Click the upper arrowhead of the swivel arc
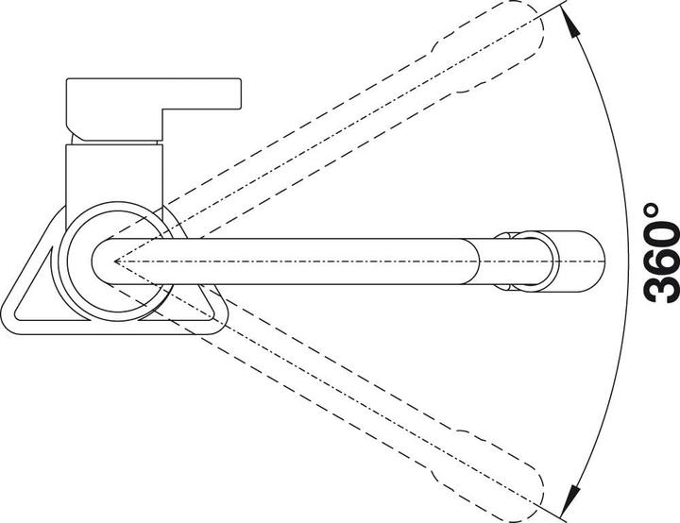click(573, 26)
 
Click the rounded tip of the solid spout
click(601, 261)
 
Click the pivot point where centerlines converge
click(115, 261)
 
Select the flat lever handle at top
click(154, 109)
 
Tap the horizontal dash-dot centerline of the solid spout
click(360, 261)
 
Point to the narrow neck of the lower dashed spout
click(442, 452)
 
